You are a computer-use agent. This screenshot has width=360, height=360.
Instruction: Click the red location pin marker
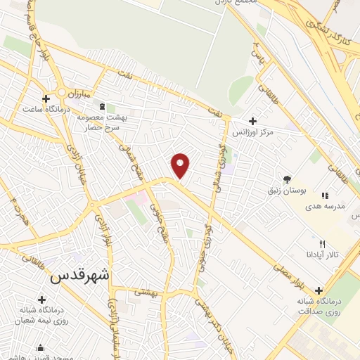click(181, 165)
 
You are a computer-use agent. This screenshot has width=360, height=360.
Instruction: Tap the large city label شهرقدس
click(79, 276)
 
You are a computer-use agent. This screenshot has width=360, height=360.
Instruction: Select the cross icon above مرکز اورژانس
click(252, 121)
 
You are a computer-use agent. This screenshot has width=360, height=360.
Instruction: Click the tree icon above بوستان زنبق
click(286, 179)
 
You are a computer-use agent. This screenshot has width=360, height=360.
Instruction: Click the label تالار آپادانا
click(326, 254)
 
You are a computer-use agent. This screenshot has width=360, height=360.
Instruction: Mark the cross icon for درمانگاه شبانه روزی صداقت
click(319, 290)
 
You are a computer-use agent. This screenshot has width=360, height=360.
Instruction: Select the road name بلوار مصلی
click(290, 271)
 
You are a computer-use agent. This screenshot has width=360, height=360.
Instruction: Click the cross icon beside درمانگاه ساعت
click(46, 98)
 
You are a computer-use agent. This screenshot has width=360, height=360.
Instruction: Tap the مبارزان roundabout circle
click(63, 92)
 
